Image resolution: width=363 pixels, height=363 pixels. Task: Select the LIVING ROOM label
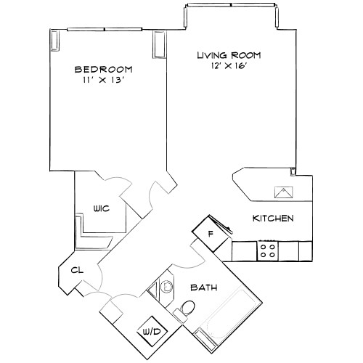point(229,55)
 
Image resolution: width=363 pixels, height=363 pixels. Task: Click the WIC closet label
point(101,208)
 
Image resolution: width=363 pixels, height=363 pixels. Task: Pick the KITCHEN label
point(272,219)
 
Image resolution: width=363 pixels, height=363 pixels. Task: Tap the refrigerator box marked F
point(210,234)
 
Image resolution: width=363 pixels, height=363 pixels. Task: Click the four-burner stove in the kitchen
point(267,251)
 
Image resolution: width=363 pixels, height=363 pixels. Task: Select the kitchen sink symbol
point(282,192)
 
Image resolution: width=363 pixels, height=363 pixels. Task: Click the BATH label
point(203,287)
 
